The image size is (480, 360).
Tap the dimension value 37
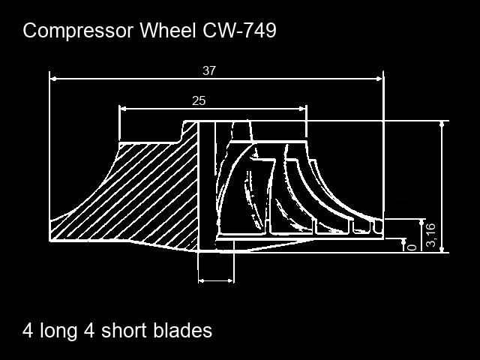pyautogui.click(x=209, y=70)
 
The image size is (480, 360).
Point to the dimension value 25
pyautogui.click(x=199, y=100)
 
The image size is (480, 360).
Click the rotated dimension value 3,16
pyautogui.click(x=430, y=235)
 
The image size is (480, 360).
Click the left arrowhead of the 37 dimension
pyautogui.click(x=53, y=77)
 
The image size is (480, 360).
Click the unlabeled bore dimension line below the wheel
pyautogui.click(x=216, y=280)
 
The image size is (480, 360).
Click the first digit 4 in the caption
pyautogui.click(x=28, y=331)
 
